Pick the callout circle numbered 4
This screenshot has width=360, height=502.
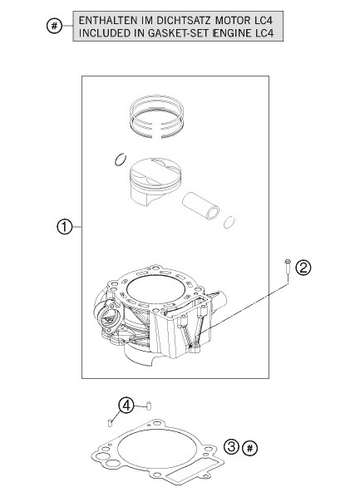click(126, 406)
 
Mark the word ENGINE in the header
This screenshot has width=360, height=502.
click(237, 33)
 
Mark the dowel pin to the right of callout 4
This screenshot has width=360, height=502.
click(147, 405)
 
